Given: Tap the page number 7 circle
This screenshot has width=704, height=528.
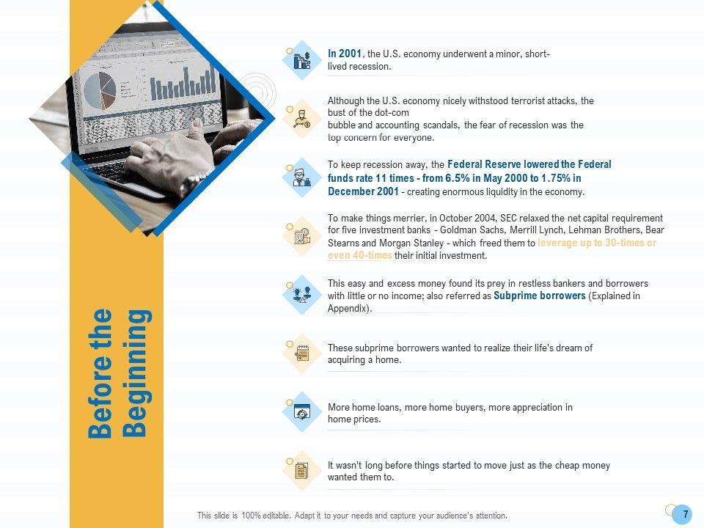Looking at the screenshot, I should click(x=685, y=513).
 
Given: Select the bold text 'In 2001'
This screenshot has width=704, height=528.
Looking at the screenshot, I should click(x=344, y=54).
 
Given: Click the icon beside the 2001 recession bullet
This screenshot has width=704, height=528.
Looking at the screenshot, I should click(x=301, y=60).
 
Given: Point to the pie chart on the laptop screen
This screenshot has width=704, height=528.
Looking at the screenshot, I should click(x=100, y=92).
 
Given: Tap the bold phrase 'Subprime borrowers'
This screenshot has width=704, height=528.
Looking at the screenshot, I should click(x=540, y=296).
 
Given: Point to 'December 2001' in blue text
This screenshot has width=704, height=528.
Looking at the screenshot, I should click(x=363, y=191).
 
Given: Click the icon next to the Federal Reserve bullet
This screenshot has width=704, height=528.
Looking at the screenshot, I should click(x=301, y=178).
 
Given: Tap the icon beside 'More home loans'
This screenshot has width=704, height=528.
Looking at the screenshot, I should click(x=301, y=412).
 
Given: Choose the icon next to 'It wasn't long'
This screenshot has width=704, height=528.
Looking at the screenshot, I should click(x=301, y=470).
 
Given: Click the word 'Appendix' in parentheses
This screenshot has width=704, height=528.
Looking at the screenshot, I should click(x=348, y=309).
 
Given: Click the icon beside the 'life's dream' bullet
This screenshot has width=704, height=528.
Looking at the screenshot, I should click(x=301, y=353).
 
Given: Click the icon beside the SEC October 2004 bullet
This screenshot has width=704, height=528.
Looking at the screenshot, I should click(x=301, y=236).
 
